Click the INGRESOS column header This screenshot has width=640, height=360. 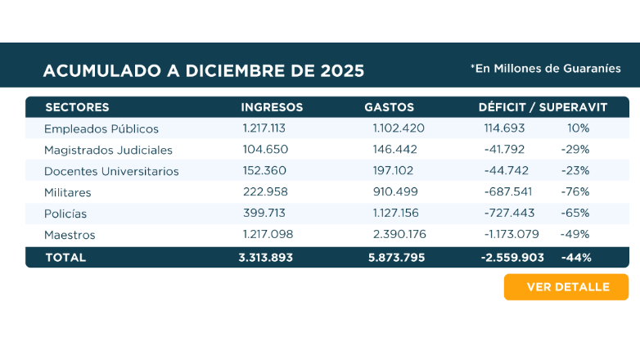click(272, 107)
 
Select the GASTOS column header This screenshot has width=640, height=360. click(389, 107)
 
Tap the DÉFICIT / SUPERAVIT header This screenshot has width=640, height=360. click(543, 107)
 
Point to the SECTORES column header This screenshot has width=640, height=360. click(77, 107)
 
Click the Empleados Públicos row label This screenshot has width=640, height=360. click(101, 128)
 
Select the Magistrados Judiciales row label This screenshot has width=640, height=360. click(108, 150)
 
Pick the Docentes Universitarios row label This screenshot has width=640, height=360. click(111, 171)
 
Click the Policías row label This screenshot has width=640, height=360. click(65, 214)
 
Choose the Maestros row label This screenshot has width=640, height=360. click(70, 235)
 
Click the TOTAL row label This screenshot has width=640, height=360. click(65, 257)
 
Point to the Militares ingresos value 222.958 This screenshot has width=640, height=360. click(265, 192)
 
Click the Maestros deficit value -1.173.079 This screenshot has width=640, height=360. click(511, 235)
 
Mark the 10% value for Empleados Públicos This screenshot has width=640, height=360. click(578, 128)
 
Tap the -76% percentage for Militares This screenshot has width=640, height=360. click(575, 192)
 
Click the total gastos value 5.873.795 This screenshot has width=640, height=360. click(397, 257)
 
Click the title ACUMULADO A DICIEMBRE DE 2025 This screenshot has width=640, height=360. click(204, 70)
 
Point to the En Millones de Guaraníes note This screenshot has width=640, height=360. click(545, 69)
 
